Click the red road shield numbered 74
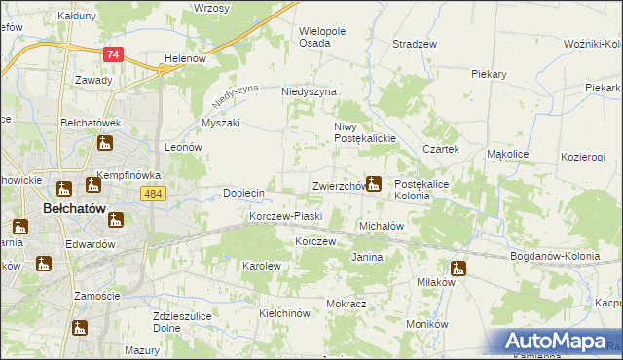114,56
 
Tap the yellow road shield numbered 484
153,195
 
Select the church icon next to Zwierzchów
373,183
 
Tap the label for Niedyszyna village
309,91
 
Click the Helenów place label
185,58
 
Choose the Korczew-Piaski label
285,216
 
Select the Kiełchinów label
284,313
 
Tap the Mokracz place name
346,304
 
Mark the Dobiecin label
244,193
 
